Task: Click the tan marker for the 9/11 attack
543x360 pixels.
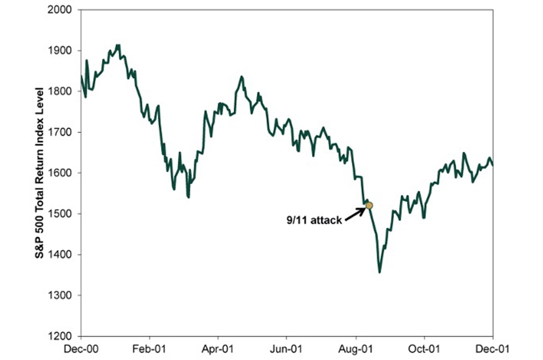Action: coord(368,206)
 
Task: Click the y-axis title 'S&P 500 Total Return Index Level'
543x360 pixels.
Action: coord(41,173)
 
